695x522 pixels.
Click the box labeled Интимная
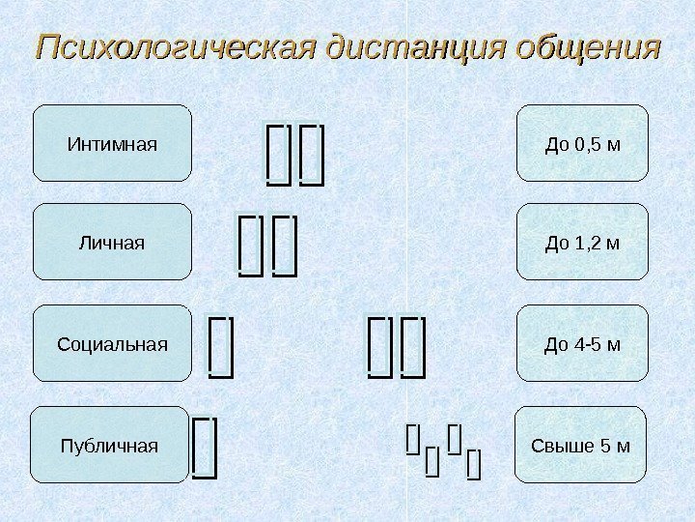click(112, 144)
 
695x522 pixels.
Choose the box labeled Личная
click(112, 243)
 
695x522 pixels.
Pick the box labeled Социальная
click(112, 344)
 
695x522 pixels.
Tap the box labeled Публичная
click(109, 446)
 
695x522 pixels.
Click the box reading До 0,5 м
click(582, 144)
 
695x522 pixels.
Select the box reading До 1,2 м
click(582, 243)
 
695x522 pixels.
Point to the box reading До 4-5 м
click(582, 344)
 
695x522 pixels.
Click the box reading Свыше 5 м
click(582, 446)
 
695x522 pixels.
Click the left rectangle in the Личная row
click(249, 246)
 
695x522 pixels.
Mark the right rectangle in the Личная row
click(284, 246)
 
